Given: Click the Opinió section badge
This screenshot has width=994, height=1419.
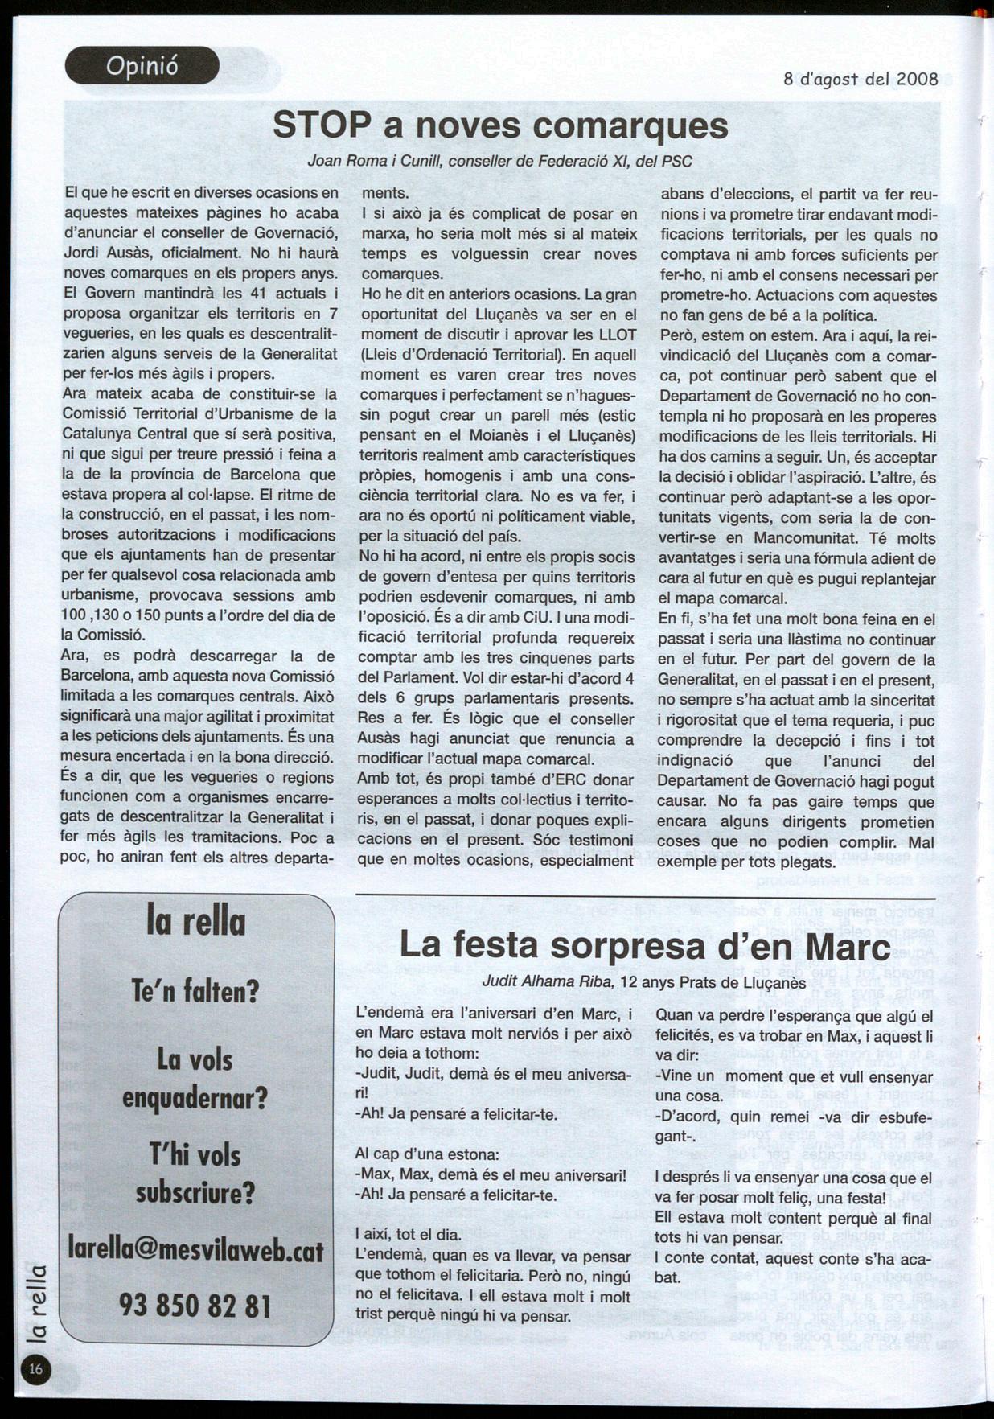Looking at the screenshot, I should [142, 66].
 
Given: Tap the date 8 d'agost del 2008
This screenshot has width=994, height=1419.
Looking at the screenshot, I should [861, 79].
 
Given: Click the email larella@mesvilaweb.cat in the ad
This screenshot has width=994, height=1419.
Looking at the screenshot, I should [196, 1251].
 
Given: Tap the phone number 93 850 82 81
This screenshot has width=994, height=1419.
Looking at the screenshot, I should [195, 1305].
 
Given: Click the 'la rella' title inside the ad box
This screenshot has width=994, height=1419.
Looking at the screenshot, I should [195, 921].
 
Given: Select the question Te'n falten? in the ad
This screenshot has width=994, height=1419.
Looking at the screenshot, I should [195, 991].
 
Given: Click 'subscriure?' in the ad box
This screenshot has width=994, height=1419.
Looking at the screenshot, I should [195, 1191].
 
